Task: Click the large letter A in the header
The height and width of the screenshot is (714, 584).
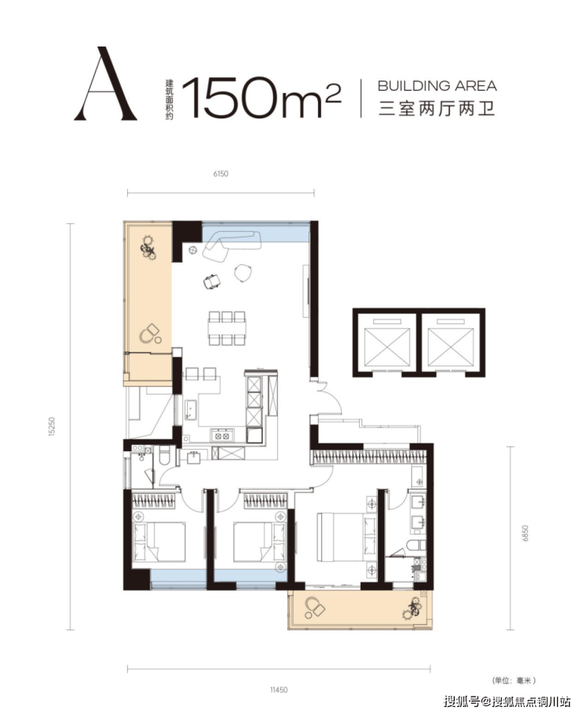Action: [105, 84]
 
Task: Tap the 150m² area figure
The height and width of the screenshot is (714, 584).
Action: [261, 98]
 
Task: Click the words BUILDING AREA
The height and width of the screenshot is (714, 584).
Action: [437, 86]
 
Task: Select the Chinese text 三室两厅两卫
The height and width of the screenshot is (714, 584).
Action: [437, 109]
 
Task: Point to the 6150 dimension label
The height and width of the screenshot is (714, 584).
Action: [220, 174]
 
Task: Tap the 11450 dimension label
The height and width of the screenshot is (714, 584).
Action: [279, 690]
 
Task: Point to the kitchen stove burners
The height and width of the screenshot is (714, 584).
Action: [222, 436]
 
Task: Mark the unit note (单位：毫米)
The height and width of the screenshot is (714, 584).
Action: [514, 680]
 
